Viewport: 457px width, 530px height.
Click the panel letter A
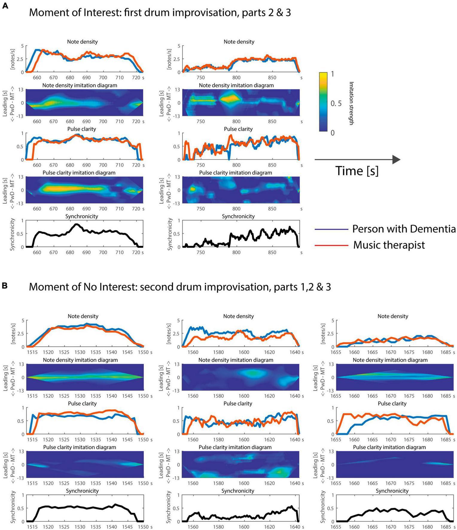(5, 6)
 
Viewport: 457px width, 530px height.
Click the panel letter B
(5, 286)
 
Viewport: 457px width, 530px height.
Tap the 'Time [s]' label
(357, 171)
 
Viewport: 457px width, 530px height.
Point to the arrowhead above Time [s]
(396, 160)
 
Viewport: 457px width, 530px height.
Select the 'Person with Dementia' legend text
(404, 229)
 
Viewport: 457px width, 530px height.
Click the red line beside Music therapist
(331, 246)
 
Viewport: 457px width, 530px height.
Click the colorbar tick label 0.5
(336, 103)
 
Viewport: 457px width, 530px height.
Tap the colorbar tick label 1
(332, 74)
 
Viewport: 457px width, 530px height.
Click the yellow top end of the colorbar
(323, 75)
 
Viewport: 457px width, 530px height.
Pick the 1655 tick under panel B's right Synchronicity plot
(336, 527)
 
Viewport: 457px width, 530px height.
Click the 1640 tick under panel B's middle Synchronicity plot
(295, 527)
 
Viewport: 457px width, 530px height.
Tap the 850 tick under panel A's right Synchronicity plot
(272, 252)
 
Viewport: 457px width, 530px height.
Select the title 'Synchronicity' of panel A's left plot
(82, 216)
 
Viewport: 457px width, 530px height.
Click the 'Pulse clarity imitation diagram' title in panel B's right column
(389, 447)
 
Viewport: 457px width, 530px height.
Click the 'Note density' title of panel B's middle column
(238, 316)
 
